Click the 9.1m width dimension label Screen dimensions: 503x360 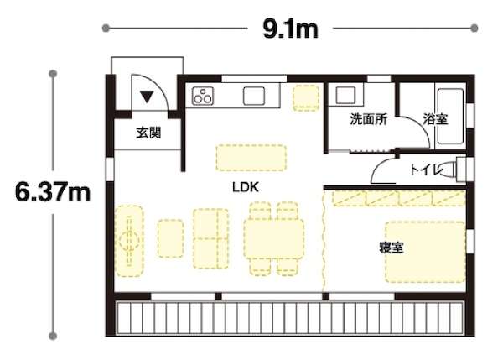click(x=290, y=29)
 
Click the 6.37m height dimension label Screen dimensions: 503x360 click(x=53, y=192)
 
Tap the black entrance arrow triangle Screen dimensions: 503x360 click(x=147, y=97)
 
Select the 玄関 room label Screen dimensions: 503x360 click(x=148, y=133)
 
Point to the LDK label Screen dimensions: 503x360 click(x=246, y=187)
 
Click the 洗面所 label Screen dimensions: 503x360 click(x=368, y=119)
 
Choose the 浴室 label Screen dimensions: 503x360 click(x=435, y=119)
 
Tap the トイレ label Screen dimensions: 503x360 click(x=425, y=170)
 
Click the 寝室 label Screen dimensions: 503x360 click(x=391, y=248)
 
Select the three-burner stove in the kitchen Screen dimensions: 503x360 click(x=203, y=96)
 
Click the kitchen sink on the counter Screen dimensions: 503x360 click(x=254, y=96)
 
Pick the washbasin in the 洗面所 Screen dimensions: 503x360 click(x=345, y=95)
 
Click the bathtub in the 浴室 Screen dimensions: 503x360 click(x=450, y=117)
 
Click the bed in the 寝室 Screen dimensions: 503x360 click(x=425, y=252)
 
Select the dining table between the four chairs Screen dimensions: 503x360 click(x=273, y=238)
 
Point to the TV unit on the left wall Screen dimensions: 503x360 click(x=129, y=241)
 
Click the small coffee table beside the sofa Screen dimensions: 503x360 click(x=171, y=238)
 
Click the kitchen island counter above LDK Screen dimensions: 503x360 click(x=251, y=158)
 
